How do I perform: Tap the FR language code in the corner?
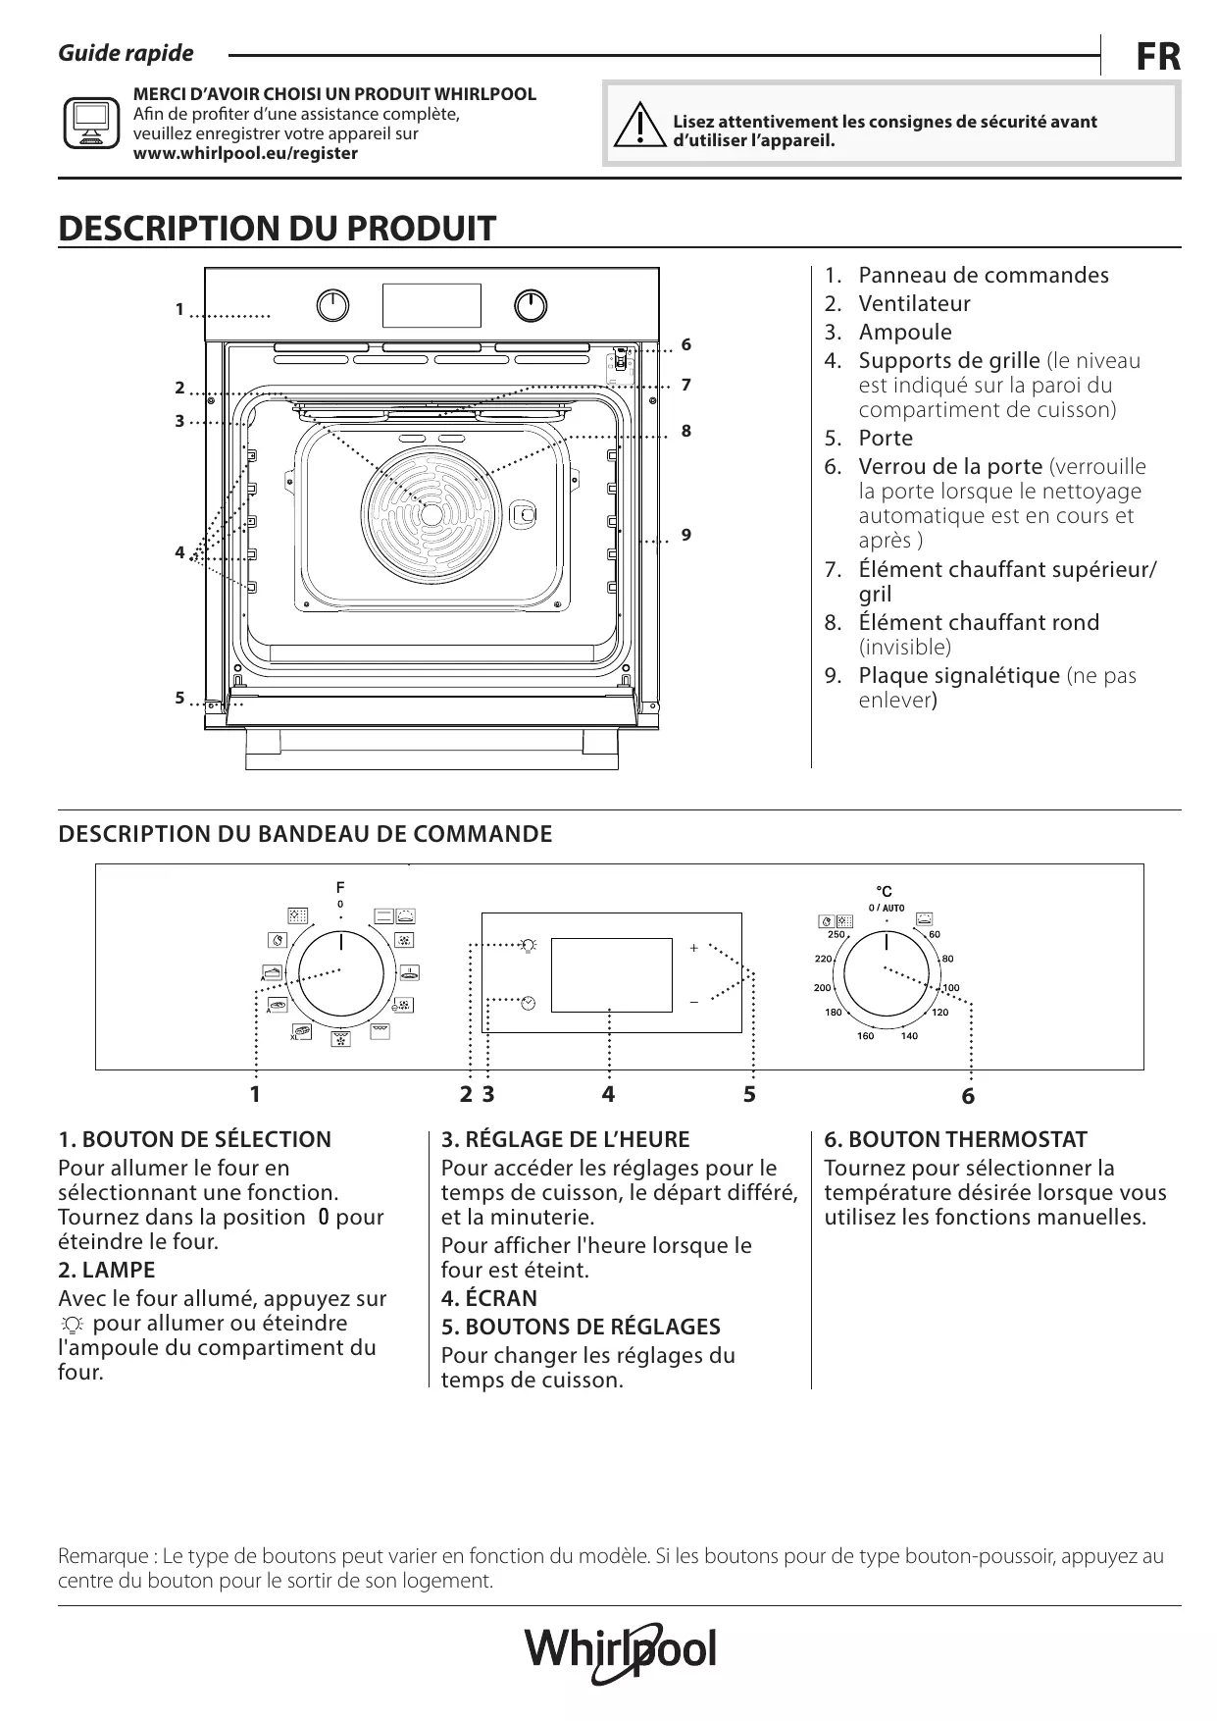pyautogui.click(x=1157, y=58)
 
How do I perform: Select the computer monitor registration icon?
pyautogui.click(x=91, y=124)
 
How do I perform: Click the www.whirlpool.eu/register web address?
pyautogui.click(x=245, y=153)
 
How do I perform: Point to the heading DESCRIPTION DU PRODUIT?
pyautogui.click(x=278, y=229)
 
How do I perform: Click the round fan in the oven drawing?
pyautogui.click(x=431, y=513)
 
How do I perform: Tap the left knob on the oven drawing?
pyautogui.click(x=333, y=306)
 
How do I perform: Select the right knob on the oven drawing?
pyautogui.click(x=531, y=306)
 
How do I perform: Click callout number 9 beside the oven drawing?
pyautogui.click(x=686, y=535)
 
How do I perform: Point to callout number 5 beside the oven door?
pyautogui.click(x=179, y=699)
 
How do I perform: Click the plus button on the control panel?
pyautogui.click(x=693, y=948)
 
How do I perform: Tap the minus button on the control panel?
pyautogui.click(x=693, y=1002)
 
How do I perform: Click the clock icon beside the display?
pyautogui.click(x=529, y=1002)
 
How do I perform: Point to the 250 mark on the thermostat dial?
pyautogui.click(x=836, y=934)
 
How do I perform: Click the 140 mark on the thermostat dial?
pyautogui.click(x=909, y=1036)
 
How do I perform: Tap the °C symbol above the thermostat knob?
pyautogui.click(x=884, y=891)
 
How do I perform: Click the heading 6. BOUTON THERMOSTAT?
pyautogui.click(x=955, y=1139)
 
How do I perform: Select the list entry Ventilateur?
pyautogui.click(x=914, y=304)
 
